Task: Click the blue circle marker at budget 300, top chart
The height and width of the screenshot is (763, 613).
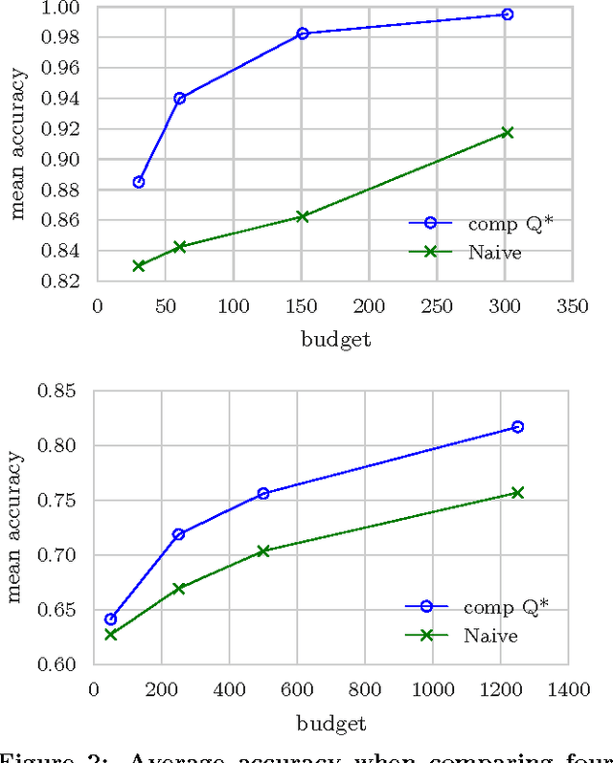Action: pyautogui.click(x=507, y=14)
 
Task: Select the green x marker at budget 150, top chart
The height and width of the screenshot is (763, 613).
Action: pyautogui.click(x=303, y=216)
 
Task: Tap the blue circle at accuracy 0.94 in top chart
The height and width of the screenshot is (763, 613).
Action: pyautogui.click(x=179, y=98)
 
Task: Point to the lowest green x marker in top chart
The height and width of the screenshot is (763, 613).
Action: pyautogui.click(x=139, y=265)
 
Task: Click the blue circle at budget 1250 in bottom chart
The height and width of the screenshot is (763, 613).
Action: pyautogui.click(x=517, y=426)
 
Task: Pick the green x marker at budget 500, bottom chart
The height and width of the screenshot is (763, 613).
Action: pyautogui.click(x=263, y=551)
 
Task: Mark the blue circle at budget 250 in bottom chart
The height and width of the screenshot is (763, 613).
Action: pyautogui.click(x=178, y=534)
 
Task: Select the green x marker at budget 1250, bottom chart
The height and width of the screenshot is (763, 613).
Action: pyautogui.click(x=517, y=492)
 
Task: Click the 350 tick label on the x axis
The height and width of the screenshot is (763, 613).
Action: pyautogui.click(x=573, y=305)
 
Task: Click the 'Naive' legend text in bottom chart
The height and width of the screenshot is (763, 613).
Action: pyautogui.click(x=490, y=636)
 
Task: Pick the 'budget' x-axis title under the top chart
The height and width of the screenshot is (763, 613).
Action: pyautogui.click(x=334, y=339)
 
